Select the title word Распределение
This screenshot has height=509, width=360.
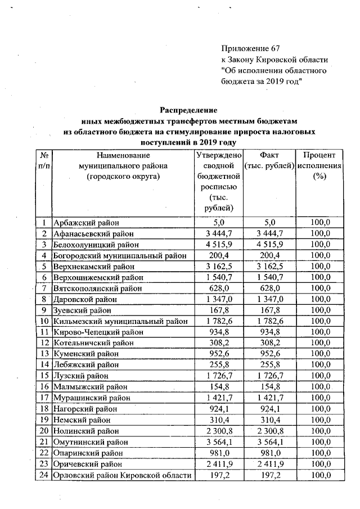tap(188, 110)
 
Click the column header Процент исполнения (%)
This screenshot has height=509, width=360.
tap(319, 166)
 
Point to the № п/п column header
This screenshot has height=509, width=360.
tap(43, 160)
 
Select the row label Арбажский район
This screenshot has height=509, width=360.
tap(85, 223)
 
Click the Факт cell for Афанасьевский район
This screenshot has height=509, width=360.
tap(269, 233)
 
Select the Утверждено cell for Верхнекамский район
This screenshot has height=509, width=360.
tap(217, 267)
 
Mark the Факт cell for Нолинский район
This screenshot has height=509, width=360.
tap(269, 431)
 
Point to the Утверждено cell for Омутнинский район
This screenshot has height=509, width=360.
tap(217, 442)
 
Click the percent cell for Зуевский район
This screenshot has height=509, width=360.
tap(319, 310)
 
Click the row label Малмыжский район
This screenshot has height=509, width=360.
tap(90, 387)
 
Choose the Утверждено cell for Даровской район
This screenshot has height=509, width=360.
tap(217, 299)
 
